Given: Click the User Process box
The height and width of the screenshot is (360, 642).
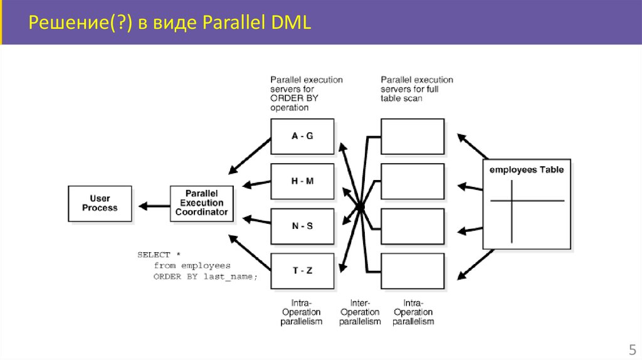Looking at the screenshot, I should click(x=100, y=203).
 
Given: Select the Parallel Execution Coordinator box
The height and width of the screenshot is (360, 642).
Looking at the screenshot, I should click(x=201, y=203).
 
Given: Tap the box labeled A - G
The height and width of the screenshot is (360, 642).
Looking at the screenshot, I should click(x=302, y=136).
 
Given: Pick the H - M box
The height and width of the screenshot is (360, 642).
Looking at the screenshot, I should click(x=302, y=181).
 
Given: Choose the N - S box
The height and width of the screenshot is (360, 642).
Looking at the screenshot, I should click(x=302, y=226).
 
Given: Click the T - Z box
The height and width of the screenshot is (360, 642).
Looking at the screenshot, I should click(x=302, y=271).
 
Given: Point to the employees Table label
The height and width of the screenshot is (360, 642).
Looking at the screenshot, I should click(x=526, y=170).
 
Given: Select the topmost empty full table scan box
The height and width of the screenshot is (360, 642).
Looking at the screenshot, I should click(x=412, y=136).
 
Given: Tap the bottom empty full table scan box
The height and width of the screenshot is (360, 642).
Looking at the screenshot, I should click(x=412, y=271).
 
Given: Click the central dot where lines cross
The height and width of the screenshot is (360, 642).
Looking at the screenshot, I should click(x=360, y=206).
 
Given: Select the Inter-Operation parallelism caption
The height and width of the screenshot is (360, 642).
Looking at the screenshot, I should click(x=360, y=312).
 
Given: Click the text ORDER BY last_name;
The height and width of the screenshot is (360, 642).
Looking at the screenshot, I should click(x=206, y=276).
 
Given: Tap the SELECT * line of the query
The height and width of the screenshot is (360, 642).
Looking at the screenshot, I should click(x=159, y=255).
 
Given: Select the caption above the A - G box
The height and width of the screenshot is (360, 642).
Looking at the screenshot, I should click(x=306, y=93).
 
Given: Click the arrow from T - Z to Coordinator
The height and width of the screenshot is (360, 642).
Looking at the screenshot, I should click(x=250, y=248).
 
